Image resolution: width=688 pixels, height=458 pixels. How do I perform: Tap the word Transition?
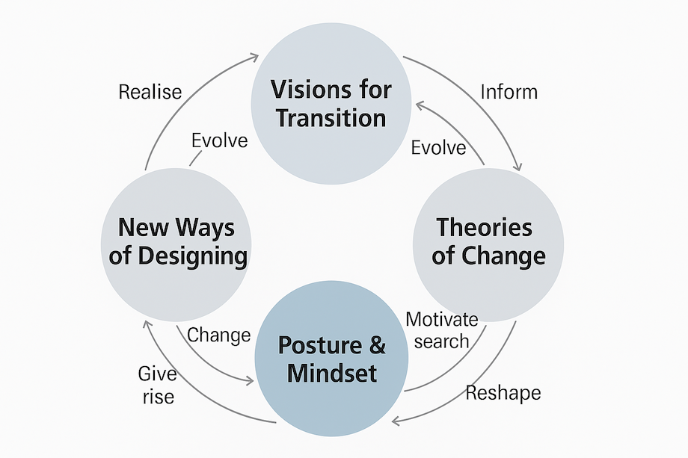331,118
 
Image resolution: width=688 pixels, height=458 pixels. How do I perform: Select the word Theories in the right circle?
485,227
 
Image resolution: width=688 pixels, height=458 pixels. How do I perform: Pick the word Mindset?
332,373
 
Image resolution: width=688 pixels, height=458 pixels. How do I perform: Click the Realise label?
150,92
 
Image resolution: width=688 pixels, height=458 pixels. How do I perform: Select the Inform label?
509,92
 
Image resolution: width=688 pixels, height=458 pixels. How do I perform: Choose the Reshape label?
503,392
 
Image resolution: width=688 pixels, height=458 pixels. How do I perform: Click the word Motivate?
441,320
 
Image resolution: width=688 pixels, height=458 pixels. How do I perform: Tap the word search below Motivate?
441,341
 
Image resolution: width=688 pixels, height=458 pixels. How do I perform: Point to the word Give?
157,374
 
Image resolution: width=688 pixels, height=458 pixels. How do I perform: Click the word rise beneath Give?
158,396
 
